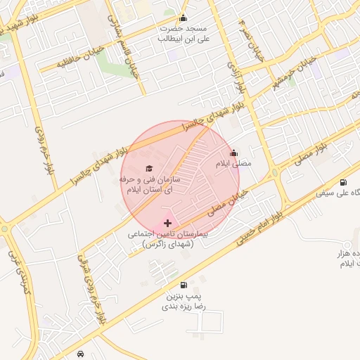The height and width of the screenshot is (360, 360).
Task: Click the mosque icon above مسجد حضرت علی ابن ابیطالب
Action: coord(184,19)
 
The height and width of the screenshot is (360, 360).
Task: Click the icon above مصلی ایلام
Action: coord(234,153)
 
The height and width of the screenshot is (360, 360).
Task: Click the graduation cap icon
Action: coord(148,168)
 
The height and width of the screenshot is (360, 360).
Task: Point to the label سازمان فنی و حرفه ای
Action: coord(150,185)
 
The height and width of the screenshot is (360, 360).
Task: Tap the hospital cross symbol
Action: coord(167,222)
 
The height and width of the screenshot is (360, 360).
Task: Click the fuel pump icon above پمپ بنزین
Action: coord(184,285)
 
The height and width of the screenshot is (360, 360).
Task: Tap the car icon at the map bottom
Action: coord(82,353)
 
